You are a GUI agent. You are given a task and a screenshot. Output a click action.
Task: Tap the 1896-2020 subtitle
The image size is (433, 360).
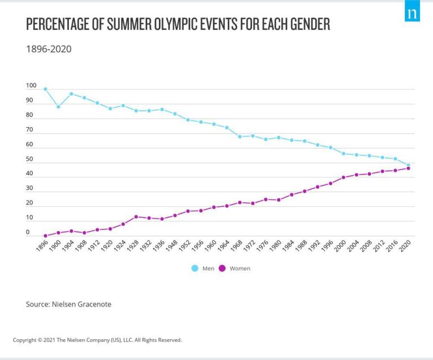[x=48, y=49]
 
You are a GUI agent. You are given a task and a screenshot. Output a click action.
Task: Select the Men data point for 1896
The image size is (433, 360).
[x=45, y=89]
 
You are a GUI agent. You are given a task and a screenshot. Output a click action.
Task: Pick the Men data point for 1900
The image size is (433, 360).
[x=58, y=106]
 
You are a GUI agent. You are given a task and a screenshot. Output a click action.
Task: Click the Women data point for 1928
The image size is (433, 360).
[x=136, y=217]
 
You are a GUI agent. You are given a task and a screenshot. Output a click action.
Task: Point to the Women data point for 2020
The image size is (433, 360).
[x=408, y=168]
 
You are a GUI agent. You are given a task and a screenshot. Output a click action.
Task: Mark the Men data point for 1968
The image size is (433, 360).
[x=240, y=136]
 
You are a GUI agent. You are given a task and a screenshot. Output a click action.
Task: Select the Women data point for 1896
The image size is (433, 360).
[x=45, y=235]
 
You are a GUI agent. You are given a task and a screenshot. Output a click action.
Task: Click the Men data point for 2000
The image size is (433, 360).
[x=343, y=153]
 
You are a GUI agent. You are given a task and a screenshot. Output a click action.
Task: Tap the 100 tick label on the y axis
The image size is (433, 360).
[x=30, y=86]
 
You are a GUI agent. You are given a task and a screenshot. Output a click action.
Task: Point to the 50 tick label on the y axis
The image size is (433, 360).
[x=29, y=159]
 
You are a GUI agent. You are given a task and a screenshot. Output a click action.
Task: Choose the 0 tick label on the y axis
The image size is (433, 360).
[x=28, y=232]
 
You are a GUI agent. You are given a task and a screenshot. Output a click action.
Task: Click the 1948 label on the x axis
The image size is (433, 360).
[x=172, y=247]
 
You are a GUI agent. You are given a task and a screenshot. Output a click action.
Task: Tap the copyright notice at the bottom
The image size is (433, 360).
[x=97, y=340]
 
